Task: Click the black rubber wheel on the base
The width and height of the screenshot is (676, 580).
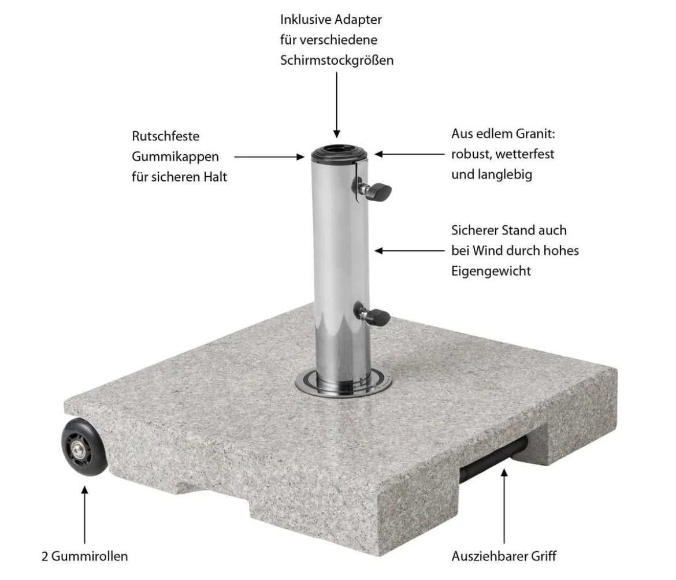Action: (x=84, y=447)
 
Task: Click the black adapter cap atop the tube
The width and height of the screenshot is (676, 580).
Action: (x=339, y=153)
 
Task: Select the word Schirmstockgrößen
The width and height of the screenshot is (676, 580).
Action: (x=337, y=60)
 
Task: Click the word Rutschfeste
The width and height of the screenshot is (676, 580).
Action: (x=166, y=136)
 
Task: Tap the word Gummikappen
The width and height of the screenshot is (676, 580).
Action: (x=175, y=157)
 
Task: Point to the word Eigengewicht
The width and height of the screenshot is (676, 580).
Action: (x=491, y=271)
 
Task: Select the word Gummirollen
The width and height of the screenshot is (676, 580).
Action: (x=90, y=556)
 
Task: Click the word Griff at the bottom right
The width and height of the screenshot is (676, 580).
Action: (x=543, y=556)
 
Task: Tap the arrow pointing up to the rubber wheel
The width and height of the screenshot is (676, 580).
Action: (x=84, y=515)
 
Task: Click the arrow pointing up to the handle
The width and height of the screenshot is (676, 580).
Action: (x=504, y=506)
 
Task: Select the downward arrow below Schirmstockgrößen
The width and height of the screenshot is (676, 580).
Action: (x=337, y=105)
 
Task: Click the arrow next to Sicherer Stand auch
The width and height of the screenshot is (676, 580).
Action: (x=409, y=250)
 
